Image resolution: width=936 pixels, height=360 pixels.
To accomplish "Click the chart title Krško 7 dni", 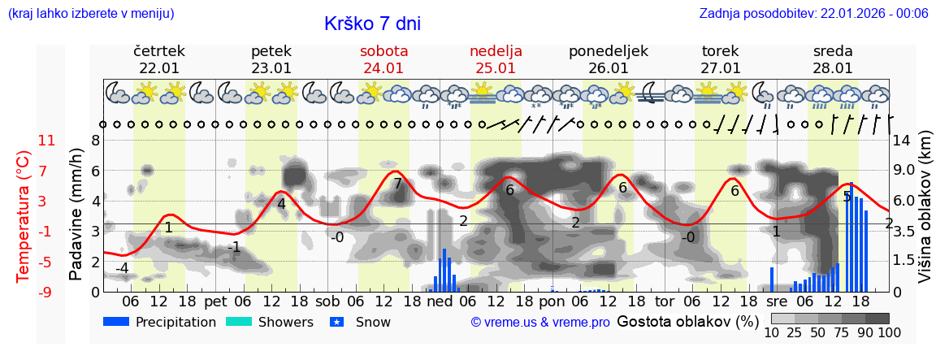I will [372, 24].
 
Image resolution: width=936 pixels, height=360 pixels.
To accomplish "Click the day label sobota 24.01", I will [383, 59].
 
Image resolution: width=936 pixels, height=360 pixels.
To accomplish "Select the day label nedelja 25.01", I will [496, 59].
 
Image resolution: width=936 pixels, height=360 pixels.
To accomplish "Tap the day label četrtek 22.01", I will [159, 59].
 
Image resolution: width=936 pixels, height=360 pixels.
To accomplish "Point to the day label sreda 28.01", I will [833, 59].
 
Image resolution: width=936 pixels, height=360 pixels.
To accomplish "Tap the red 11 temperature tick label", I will [46, 141].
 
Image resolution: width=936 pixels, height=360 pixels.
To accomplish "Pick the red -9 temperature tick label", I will [46, 292].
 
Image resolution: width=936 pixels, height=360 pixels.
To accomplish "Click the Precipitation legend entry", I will [159, 322].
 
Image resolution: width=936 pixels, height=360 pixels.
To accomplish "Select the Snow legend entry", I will [360, 322].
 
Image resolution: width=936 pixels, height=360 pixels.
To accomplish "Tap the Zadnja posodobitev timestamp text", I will [813, 13].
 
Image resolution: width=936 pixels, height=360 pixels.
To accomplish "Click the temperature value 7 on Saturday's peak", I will [397, 184].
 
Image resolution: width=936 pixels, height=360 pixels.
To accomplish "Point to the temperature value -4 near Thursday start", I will [122, 268].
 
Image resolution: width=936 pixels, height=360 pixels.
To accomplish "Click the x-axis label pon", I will [552, 301].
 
